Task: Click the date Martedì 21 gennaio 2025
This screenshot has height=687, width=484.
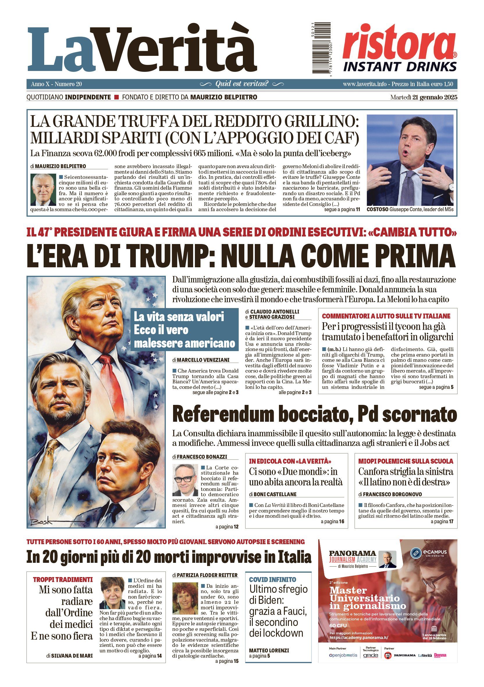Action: tap(424, 97)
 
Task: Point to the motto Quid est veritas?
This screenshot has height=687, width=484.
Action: tap(242, 84)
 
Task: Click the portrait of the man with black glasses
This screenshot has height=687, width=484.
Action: tap(186, 479)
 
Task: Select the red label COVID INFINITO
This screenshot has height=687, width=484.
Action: tap(273, 580)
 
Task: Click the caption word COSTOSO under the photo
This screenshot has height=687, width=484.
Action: tap(378, 209)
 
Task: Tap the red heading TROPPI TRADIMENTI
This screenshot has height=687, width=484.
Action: tap(63, 580)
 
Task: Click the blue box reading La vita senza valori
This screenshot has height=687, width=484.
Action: tap(184, 330)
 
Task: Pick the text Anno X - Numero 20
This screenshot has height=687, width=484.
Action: tap(56, 84)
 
